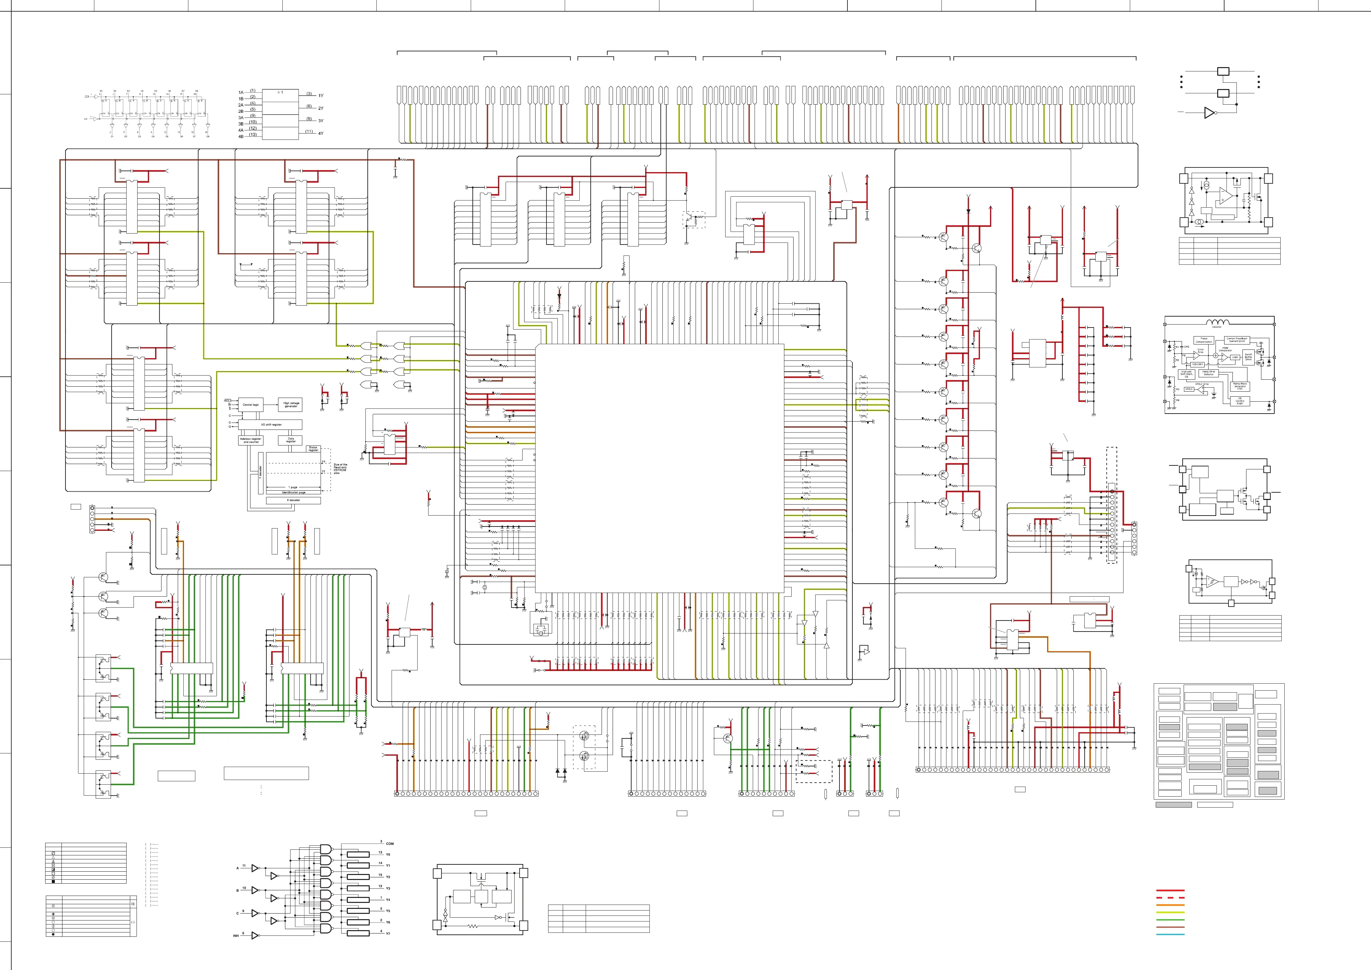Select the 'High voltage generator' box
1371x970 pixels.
click(291, 404)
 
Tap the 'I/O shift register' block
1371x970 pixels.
click(271, 425)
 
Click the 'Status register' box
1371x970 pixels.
click(313, 448)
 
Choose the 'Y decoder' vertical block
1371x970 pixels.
click(260, 472)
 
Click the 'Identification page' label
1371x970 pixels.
click(293, 493)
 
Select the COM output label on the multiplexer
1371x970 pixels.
click(389, 844)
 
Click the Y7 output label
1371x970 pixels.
click(388, 933)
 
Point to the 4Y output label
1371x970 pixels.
click(321, 133)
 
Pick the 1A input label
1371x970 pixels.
click(241, 93)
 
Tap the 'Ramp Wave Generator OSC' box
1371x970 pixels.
click(1239, 386)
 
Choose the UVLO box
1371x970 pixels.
click(1189, 389)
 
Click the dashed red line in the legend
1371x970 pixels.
click(1170, 898)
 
